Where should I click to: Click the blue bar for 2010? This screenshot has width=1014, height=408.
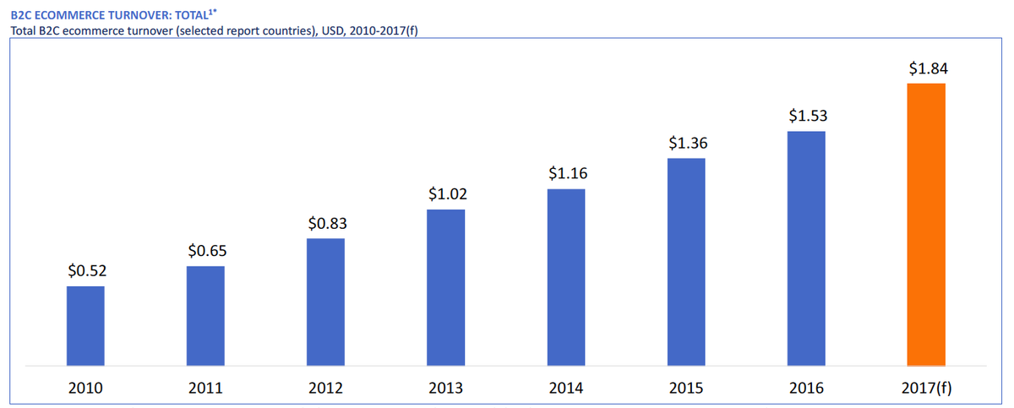(x=85, y=326)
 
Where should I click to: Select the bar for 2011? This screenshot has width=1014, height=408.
(x=205, y=316)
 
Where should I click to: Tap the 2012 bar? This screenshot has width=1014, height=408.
(x=325, y=302)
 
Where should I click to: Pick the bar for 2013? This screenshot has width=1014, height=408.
(x=445, y=287)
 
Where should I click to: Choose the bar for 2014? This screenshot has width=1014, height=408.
(x=566, y=277)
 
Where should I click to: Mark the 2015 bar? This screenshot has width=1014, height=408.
(x=686, y=262)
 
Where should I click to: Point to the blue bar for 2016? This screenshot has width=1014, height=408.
(x=806, y=248)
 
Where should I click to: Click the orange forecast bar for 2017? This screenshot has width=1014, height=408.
(x=926, y=225)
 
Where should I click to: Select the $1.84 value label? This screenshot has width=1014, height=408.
(x=927, y=68)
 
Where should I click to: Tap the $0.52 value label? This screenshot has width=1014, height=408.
(x=86, y=271)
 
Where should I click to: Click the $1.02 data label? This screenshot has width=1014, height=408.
(x=446, y=193)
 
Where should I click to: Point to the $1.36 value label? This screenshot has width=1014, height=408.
(x=686, y=143)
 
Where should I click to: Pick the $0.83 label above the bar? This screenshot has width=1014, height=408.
(x=326, y=224)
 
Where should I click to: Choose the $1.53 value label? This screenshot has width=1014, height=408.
(x=807, y=115)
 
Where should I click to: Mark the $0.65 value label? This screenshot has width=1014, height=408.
(x=206, y=251)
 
